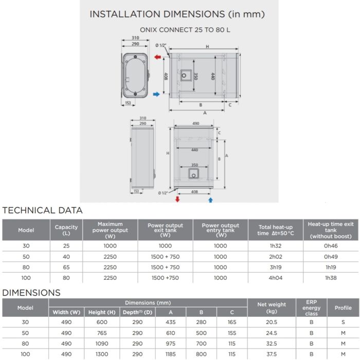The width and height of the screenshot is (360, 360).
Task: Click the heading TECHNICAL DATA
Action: point(43,210)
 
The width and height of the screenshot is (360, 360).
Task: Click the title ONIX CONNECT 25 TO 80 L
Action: point(185,30)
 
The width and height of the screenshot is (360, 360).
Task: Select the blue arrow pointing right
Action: point(157,94)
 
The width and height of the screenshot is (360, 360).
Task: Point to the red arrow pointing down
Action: point(178,199)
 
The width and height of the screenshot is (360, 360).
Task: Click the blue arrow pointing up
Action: point(210,199)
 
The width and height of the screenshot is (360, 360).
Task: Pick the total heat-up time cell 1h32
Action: point(271,246)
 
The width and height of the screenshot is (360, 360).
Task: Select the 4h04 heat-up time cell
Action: point(271,278)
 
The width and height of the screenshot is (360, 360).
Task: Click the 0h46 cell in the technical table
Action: point(331,246)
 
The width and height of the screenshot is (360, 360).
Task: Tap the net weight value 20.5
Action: point(272,322)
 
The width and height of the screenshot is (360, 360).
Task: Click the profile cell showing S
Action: point(343,322)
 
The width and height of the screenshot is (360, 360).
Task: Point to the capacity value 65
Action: point(66,267)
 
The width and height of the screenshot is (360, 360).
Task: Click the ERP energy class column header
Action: point(311,308)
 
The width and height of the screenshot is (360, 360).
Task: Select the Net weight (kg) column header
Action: point(272,308)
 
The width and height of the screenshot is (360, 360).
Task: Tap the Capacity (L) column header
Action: point(66,230)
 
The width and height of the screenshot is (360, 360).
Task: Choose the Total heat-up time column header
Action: point(271,230)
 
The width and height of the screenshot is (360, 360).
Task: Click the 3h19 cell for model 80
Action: point(271,267)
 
